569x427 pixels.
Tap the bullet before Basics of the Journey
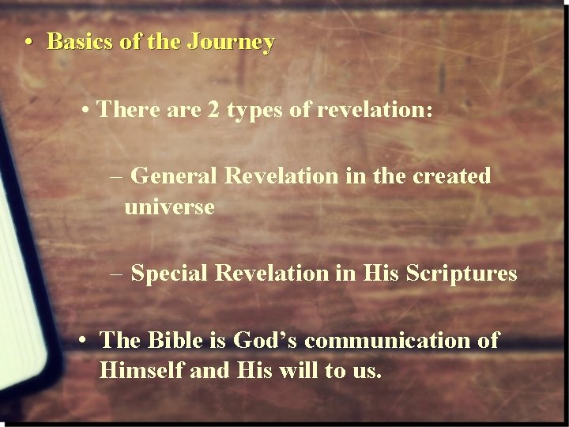(x=29, y=42)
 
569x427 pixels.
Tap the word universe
(x=168, y=208)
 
